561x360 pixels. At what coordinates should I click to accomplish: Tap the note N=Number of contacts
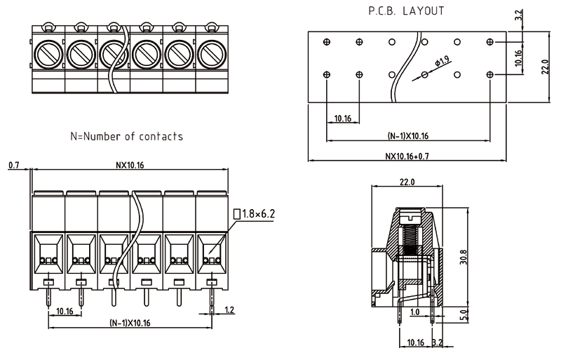[x=127, y=136]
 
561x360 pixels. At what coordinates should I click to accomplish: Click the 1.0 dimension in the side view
[x=415, y=311]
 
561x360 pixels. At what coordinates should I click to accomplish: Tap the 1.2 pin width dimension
[x=229, y=309]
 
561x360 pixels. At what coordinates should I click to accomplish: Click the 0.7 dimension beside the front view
[x=13, y=166]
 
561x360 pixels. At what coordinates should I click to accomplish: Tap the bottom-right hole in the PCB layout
[x=489, y=74]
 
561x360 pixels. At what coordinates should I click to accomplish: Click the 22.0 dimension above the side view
[x=407, y=182]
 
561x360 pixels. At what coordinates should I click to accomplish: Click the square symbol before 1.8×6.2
[x=236, y=212]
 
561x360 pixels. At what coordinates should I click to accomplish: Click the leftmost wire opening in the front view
[x=48, y=251]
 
